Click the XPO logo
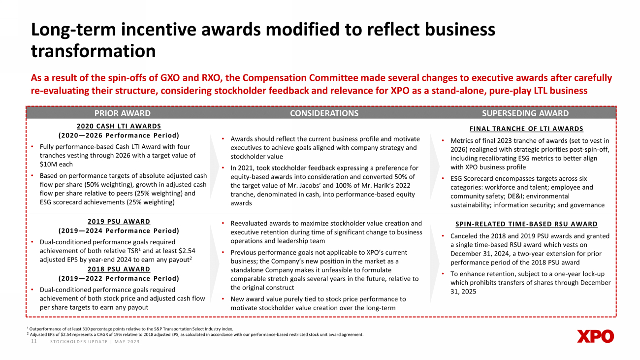(x=595, y=336)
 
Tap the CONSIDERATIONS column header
(x=324, y=113)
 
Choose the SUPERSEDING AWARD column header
(x=525, y=113)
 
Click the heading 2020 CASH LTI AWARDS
(x=119, y=126)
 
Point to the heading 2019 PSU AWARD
(x=119, y=222)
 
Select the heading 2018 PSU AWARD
(x=119, y=269)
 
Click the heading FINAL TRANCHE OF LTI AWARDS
(x=526, y=129)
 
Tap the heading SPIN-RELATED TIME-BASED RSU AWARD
(x=526, y=224)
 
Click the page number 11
(x=34, y=342)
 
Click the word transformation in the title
(x=94, y=51)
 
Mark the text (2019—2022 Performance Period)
(x=119, y=278)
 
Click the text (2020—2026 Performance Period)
(x=119, y=135)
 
